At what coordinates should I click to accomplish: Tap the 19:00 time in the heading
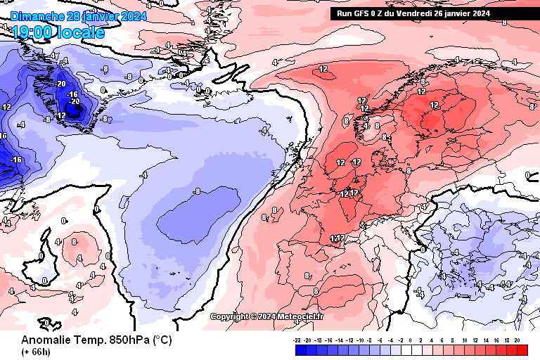point(31,32)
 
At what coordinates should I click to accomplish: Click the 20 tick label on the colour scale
point(517,340)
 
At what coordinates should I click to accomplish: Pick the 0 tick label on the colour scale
point(411,340)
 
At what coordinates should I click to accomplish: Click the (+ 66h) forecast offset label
point(35,352)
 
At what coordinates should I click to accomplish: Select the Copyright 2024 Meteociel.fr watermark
point(267,316)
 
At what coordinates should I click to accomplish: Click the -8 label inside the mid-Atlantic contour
point(198,191)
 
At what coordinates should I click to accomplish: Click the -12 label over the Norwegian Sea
point(323,69)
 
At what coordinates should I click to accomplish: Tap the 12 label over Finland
point(434,105)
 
